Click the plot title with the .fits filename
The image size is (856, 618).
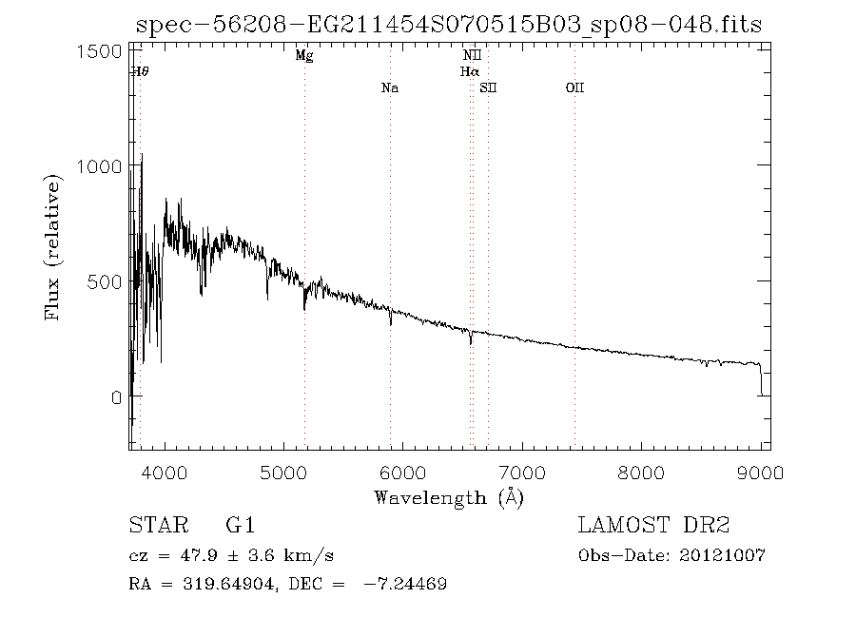[449, 25]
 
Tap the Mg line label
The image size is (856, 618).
[304, 56]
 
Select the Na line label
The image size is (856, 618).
[389, 88]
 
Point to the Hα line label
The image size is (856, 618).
[470, 71]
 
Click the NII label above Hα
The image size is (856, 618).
[471, 56]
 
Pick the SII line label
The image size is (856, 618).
[488, 88]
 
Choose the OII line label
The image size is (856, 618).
[574, 88]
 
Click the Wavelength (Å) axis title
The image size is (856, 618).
[449, 497]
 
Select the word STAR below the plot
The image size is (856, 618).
[153, 525]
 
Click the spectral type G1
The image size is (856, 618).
[240, 525]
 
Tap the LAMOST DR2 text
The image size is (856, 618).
[653, 525]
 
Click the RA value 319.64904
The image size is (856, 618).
[217, 584]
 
